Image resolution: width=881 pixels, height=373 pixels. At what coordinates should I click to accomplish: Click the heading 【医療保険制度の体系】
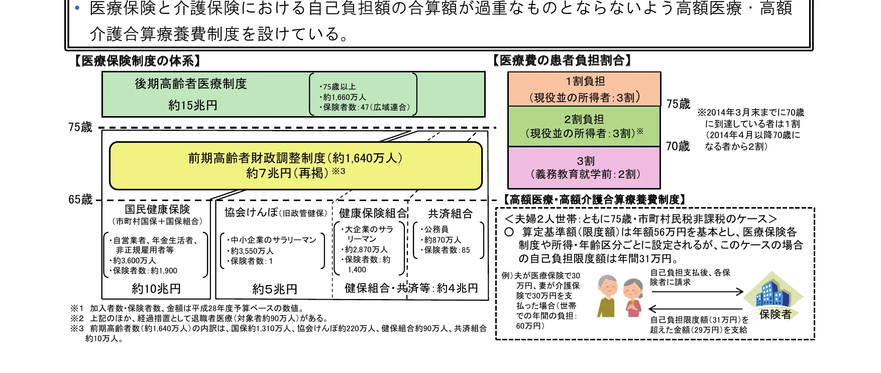coord(137,61)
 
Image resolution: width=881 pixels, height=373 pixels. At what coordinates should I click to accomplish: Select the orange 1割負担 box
coord(584,89)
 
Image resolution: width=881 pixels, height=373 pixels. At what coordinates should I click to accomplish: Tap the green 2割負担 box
coord(584,126)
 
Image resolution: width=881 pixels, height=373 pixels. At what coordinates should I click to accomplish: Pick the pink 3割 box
coord(584,167)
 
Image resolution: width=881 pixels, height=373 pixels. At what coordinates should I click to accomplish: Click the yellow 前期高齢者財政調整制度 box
coord(295,165)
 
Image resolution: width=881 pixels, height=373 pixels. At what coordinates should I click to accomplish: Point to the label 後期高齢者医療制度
coord(191,84)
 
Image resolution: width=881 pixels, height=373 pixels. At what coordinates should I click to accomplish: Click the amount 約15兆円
coord(192,105)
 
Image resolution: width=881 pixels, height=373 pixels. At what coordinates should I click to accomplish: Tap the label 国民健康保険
coord(157,210)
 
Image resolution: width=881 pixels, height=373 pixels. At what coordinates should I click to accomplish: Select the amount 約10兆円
coord(156,289)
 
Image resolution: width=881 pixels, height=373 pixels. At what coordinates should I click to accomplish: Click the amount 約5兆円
coord(275,289)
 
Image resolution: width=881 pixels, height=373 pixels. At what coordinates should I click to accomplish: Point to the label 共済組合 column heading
coord(450,214)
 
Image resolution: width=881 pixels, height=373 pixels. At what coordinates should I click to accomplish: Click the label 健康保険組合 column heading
coord(372,214)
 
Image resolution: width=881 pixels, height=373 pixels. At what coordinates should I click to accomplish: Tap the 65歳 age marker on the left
coord(80,200)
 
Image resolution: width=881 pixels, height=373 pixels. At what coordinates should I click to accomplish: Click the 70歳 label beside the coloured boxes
coord(678,146)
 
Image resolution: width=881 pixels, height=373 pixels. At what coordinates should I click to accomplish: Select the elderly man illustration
coord(608,296)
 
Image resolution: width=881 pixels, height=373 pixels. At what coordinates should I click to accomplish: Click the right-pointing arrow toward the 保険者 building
coord(697,292)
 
